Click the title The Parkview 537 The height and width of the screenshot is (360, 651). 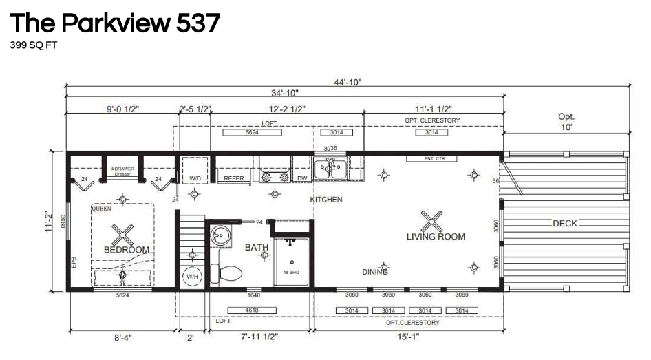pos(114,23)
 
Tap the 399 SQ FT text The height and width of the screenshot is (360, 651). pos(33,47)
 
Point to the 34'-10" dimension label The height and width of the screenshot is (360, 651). pos(284,93)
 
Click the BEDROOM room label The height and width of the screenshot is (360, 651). pos(127,249)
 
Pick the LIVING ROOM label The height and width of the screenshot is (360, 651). pos(435,237)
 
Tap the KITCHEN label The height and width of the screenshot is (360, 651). pos(326,200)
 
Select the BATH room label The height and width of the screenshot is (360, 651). pos(257,247)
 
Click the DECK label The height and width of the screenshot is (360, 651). pos(564,224)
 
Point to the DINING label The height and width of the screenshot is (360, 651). pos(375,272)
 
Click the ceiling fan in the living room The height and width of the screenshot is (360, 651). pos(431,220)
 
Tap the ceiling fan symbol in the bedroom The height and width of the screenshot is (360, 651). pos(122,234)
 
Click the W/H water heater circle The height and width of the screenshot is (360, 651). pos(192,276)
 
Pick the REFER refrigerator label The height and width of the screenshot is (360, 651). pos(235,179)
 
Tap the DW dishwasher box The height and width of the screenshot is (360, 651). pos(301,179)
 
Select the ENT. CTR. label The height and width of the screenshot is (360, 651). pos(440,159)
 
